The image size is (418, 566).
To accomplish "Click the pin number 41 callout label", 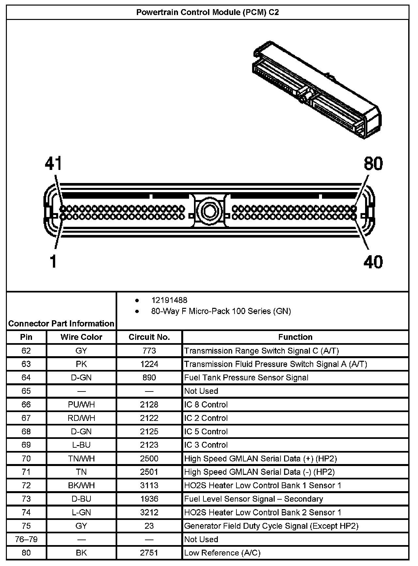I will (x=54, y=163).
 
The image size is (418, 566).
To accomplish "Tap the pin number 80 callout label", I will (x=373, y=163).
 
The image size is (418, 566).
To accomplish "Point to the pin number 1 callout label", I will (x=53, y=262).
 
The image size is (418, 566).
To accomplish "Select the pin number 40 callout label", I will (x=373, y=262).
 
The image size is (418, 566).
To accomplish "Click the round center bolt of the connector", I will (x=209, y=210).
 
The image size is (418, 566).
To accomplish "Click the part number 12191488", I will (x=169, y=300).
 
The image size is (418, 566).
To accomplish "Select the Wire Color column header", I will (x=81, y=337).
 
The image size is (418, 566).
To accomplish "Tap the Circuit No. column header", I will (x=149, y=337).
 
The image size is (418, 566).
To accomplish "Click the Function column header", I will (x=295, y=337).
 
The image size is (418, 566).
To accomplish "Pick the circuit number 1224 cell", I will (x=149, y=364).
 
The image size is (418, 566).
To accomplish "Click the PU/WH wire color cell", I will (x=81, y=405).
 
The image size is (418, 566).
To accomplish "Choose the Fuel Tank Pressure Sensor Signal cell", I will (x=246, y=378).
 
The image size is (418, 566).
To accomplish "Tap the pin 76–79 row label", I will (x=26, y=539).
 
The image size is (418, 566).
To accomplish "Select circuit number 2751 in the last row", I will (x=149, y=553).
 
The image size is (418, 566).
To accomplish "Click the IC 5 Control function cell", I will (x=206, y=431).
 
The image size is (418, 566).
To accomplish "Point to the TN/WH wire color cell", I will (x=81, y=458).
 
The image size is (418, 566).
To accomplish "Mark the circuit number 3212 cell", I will (x=149, y=512).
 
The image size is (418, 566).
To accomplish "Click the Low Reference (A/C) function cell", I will (x=222, y=553).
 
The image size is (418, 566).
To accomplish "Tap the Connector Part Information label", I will (x=61, y=324).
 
